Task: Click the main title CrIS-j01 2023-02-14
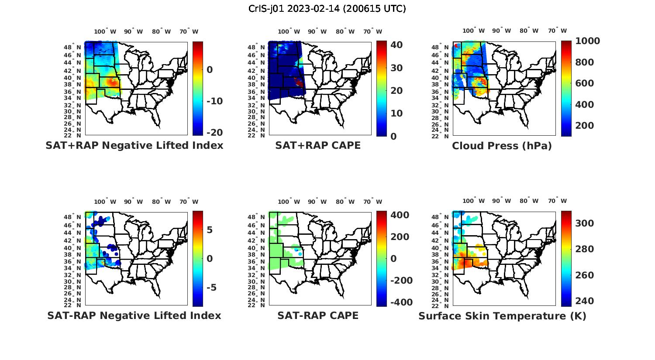pyautogui.click(x=327, y=9)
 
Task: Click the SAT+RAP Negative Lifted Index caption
pyautogui.click(x=134, y=146)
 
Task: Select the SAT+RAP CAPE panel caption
pyautogui.click(x=318, y=146)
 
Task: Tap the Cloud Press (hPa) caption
pyautogui.click(x=502, y=146)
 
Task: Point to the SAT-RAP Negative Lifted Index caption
pyautogui.click(x=134, y=315)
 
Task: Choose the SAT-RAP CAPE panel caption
pyautogui.click(x=318, y=315)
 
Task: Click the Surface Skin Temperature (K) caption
pyautogui.click(x=502, y=316)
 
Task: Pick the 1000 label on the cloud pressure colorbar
pyautogui.click(x=587, y=41)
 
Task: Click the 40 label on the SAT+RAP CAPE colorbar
pyautogui.click(x=396, y=45)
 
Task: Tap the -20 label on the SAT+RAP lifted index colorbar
pyautogui.click(x=214, y=133)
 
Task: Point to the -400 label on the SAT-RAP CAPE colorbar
pyautogui.click(x=395, y=302)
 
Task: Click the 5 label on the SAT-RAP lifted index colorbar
pyautogui.click(x=210, y=230)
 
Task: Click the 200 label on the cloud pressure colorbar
pyautogui.click(x=585, y=126)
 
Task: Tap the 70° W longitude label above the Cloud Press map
pyautogui.click(x=557, y=31)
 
